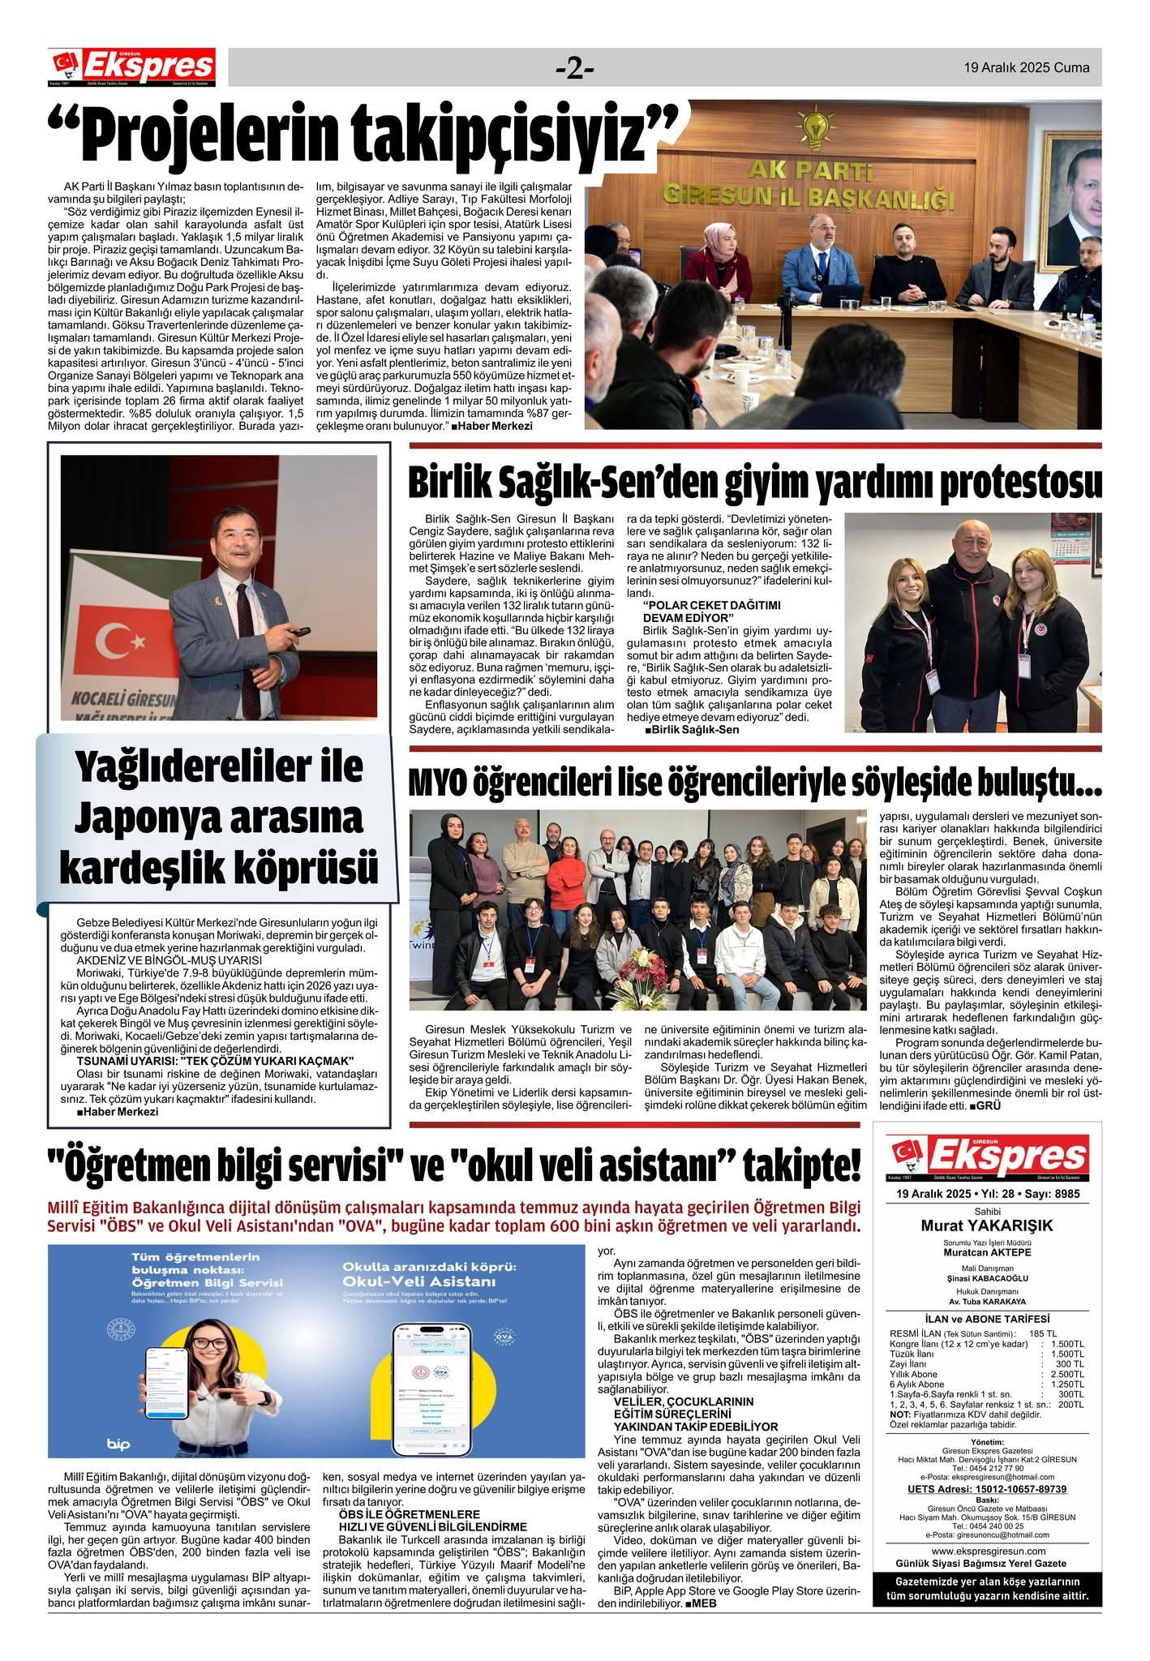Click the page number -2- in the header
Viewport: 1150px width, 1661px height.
[575, 69]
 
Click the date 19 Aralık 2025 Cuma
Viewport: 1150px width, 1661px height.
[1026, 68]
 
